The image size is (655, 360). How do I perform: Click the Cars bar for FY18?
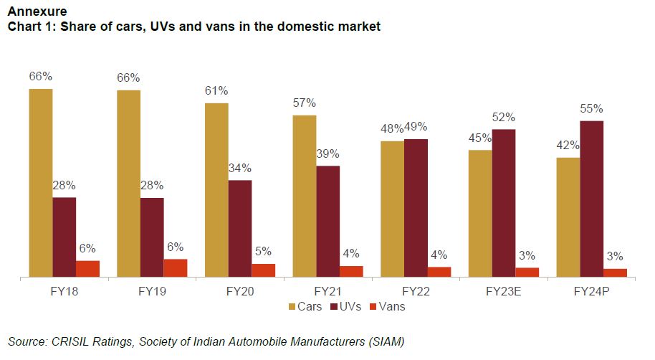(x=41, y=183)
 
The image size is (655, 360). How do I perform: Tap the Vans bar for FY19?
(x=175, y=267)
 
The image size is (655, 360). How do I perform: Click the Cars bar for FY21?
(x=305, y=196)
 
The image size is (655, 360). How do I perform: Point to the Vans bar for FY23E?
(x=527, y=272)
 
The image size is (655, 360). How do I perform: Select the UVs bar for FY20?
(x=240, y=228)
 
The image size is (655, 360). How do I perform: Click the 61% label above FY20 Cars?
(x=216, y=90)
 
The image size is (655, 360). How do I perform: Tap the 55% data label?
(x=591, y=109)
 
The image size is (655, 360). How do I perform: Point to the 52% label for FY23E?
(x=504, y=117)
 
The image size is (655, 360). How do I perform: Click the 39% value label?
(x=327, y=153)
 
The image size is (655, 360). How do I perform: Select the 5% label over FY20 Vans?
(x=263, y=252)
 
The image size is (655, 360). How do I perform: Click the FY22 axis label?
(x=416, y=292)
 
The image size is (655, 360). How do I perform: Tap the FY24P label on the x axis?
(x=591, y=292)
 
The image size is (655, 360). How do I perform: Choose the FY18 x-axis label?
(x=64, y=292)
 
